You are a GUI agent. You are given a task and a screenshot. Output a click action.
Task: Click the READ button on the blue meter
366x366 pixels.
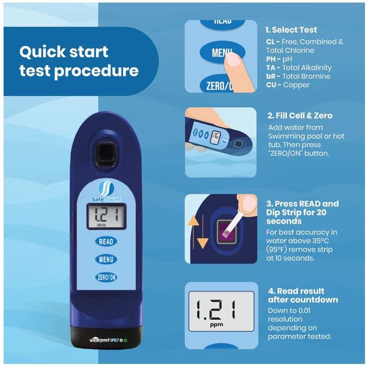click(105, 241)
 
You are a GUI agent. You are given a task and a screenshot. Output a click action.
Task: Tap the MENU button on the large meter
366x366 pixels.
click(105, 259)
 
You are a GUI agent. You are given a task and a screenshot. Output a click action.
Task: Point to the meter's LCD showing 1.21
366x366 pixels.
click(105, 215)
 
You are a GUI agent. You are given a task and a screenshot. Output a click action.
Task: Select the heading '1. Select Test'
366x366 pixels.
click(291, 30)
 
